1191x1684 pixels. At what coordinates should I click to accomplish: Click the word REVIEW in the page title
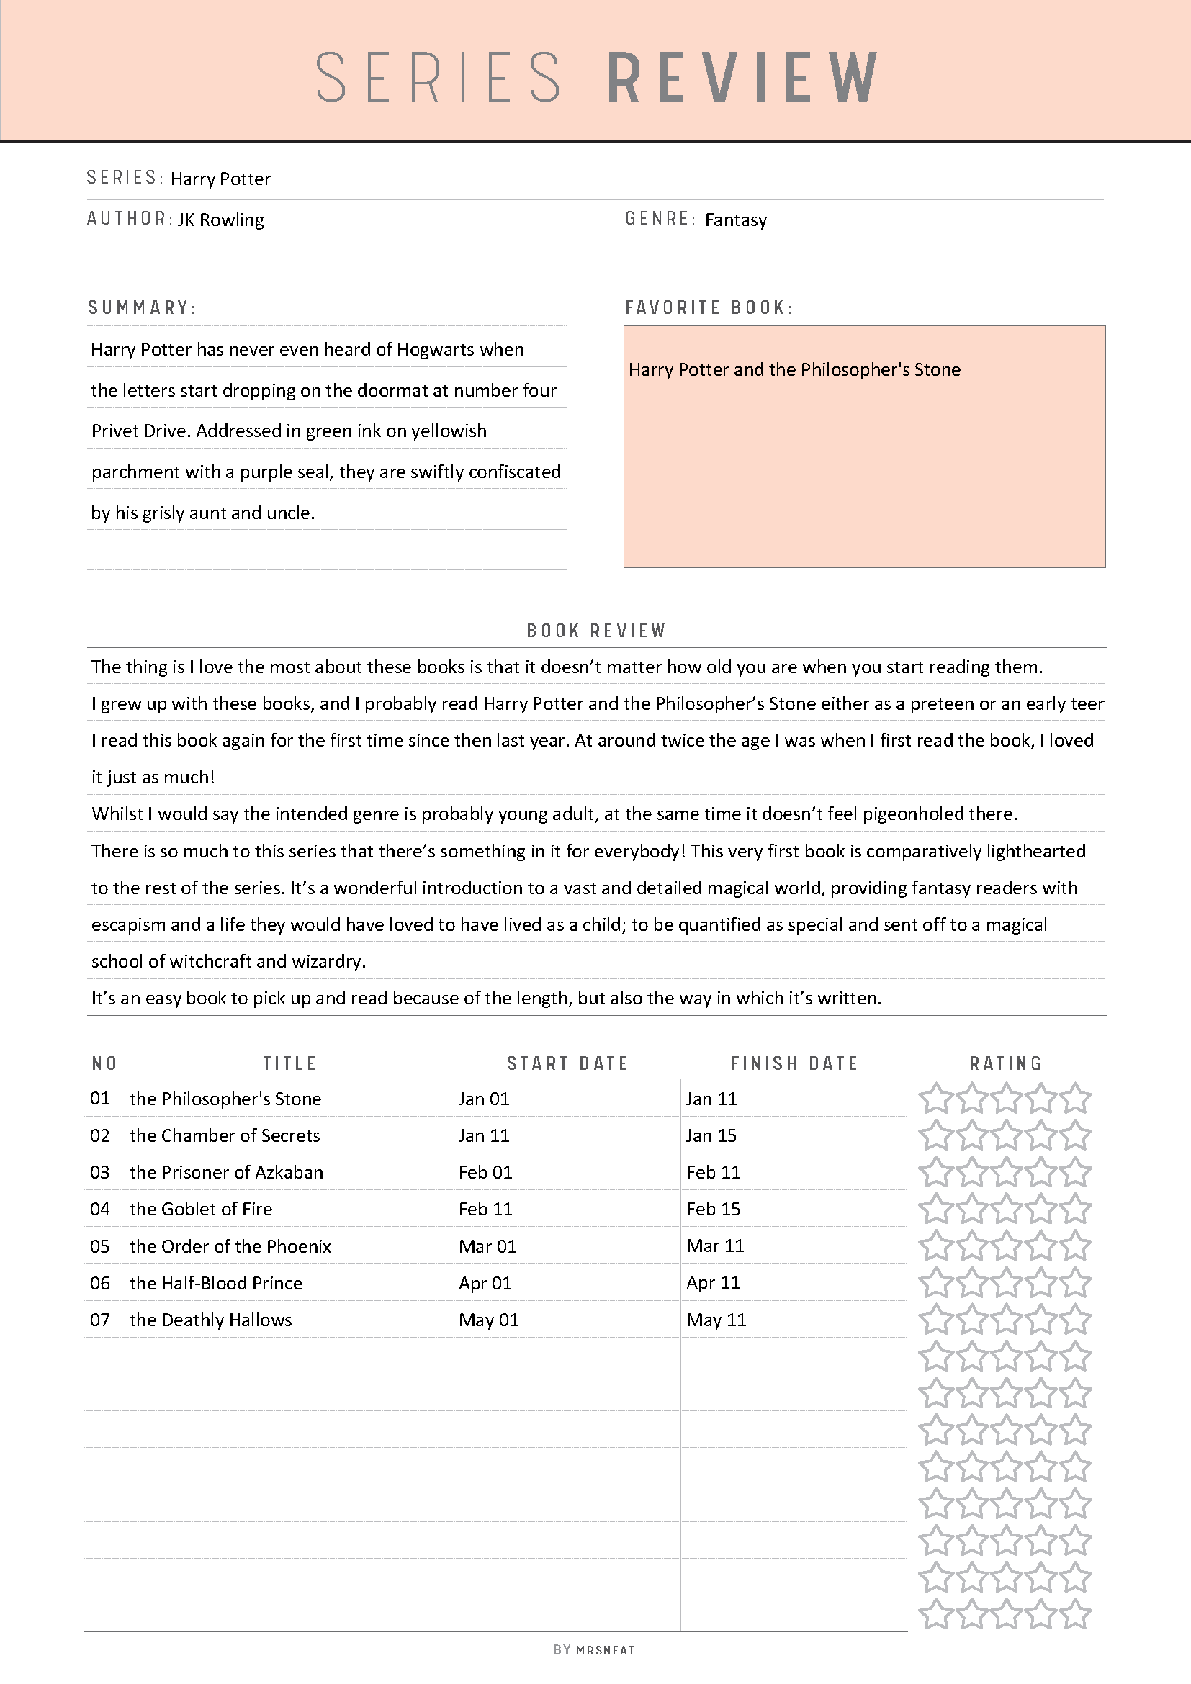(742, 77)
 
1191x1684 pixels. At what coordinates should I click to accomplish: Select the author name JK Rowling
(221, 220)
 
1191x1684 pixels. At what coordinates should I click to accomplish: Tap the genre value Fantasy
(736, 220)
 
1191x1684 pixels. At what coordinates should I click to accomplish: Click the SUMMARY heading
(143, 307)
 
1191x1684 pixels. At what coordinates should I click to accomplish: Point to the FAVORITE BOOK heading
(709, 307)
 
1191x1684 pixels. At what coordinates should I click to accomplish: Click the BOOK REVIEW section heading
(595, 631)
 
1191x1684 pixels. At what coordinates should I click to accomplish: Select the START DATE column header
(567, 1063)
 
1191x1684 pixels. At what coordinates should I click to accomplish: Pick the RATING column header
(1005, 1063)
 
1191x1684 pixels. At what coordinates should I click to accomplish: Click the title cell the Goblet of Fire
(201, 1210)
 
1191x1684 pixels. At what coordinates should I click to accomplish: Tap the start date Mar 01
(487, 1246)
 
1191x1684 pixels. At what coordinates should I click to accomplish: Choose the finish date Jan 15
(711, 1135)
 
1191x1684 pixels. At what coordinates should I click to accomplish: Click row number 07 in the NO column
(100, 1320)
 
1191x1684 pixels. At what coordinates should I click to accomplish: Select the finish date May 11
(716, 1320)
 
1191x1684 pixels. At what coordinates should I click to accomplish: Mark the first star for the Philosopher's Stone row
(935, 1099)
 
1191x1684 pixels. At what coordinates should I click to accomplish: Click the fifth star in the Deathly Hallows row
(1076, 1320)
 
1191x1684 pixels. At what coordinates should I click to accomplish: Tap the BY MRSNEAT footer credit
(594, 1650)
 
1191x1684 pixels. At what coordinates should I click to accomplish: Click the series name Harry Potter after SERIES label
(221, 179)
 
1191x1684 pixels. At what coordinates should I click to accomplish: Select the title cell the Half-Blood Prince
(216, 1283)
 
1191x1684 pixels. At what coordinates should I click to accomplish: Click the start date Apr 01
(485, 1283)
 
